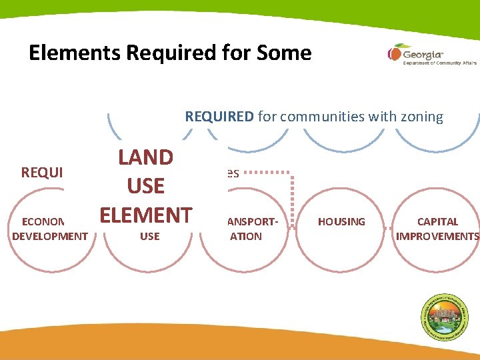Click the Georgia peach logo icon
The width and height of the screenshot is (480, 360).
click(x=395, y=53)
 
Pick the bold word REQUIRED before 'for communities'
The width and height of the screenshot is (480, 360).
click(x=219, y=117)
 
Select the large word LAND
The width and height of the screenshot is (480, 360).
click(x=145, y=157)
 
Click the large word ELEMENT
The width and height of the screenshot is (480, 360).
click(x=145, y=215)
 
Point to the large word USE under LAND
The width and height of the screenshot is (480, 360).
click(x=145, y=186)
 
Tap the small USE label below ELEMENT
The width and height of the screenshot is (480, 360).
click(x=149, y=236)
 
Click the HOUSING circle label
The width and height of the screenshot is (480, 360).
click(x=341, y=221)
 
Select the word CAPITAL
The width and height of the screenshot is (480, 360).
click(x=437, y=221)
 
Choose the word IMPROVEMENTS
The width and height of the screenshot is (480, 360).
click(x=437, y=236)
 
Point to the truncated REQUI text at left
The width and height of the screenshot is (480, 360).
click(x=42, y=173)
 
